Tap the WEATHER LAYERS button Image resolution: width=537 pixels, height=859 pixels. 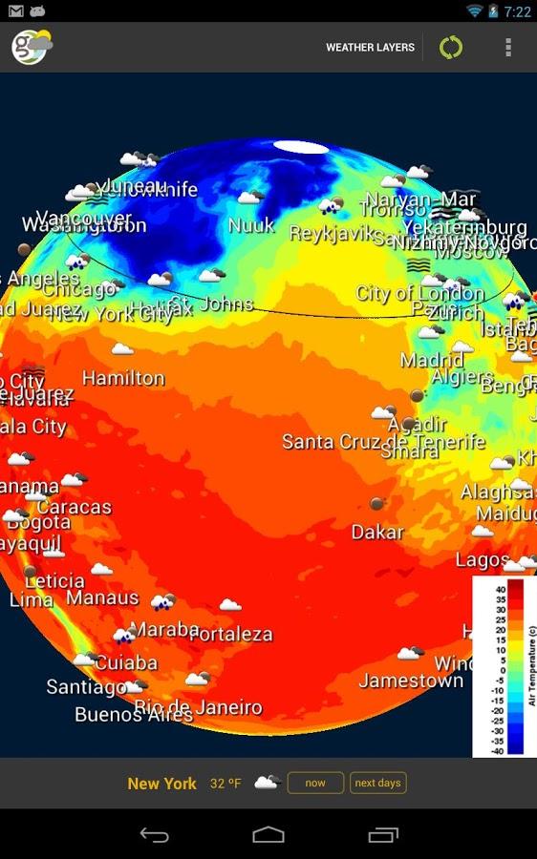370,47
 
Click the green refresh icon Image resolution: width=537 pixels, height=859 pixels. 451,47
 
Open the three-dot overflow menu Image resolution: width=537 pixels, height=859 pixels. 508,47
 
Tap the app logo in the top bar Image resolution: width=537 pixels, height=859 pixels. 31,47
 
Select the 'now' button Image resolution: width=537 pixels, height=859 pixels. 315,784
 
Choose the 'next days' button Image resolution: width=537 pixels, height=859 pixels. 377,784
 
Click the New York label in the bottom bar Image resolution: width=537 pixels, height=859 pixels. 161,784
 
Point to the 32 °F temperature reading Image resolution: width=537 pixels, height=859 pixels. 226,784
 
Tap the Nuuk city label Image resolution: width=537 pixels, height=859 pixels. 251,226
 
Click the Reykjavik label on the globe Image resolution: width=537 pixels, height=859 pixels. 328,234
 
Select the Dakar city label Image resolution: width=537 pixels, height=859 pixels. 377,532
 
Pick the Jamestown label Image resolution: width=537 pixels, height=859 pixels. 411,681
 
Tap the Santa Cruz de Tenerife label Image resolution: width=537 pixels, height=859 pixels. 383,442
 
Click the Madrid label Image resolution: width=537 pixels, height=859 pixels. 432,361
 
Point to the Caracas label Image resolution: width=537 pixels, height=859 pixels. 74,507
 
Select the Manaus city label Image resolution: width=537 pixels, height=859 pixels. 102,598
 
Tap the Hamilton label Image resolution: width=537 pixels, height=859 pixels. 123,379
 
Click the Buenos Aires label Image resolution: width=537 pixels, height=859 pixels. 133,714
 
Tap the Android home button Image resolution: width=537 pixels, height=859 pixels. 268,835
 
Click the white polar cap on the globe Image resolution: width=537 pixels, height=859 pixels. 300,147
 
